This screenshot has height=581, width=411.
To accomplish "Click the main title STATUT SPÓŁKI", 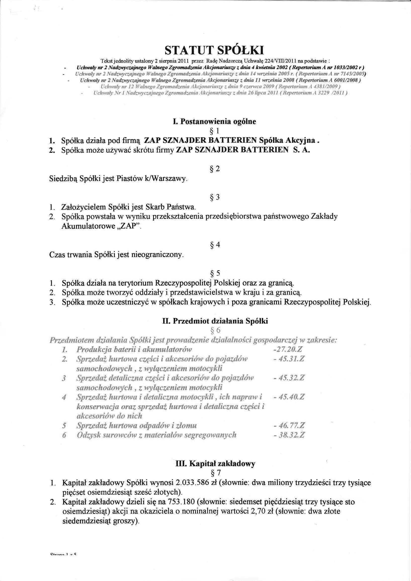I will [x=214, y=50].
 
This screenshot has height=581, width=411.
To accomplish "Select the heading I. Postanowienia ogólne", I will [x=214, y=121].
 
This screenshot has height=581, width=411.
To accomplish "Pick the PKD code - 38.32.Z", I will [x=289, y=435].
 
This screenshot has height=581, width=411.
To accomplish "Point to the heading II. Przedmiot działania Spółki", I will [x=215, y=321].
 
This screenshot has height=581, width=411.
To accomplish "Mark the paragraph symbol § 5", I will [x=215, y=273].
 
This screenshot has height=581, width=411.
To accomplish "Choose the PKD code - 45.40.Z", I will [x=289, y=397].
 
